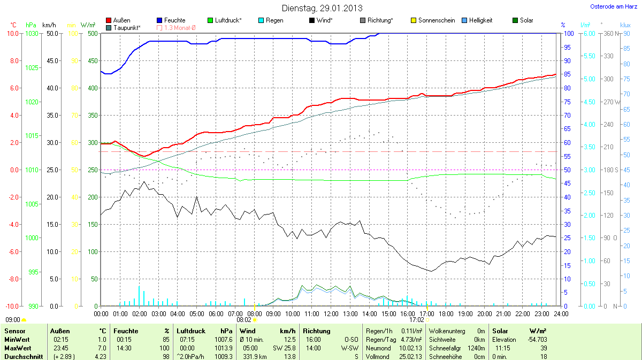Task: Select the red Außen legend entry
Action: pyautogui.click(x=118, y=20)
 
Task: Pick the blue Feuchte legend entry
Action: pyautogui.click(x=171, y=20)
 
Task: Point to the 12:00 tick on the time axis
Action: pyautogui.click(x=331, y=313)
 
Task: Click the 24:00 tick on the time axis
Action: pyautogui.click(x=561, y=313)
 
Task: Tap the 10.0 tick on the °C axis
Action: pyautogui.click(x=12, y=33)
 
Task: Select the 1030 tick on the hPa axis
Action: pyautogui.click(x=32, y=33)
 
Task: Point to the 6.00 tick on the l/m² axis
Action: pyautogui.click(x=588, y=33)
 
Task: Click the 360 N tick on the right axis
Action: pyautogui.click(x=610, y=33)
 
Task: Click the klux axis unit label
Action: pyautogui.click(x=625, y=25)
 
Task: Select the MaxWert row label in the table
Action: pyautogui.click(x=17, y=348)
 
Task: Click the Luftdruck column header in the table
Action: pyautogui.click(x=191, y=331)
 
